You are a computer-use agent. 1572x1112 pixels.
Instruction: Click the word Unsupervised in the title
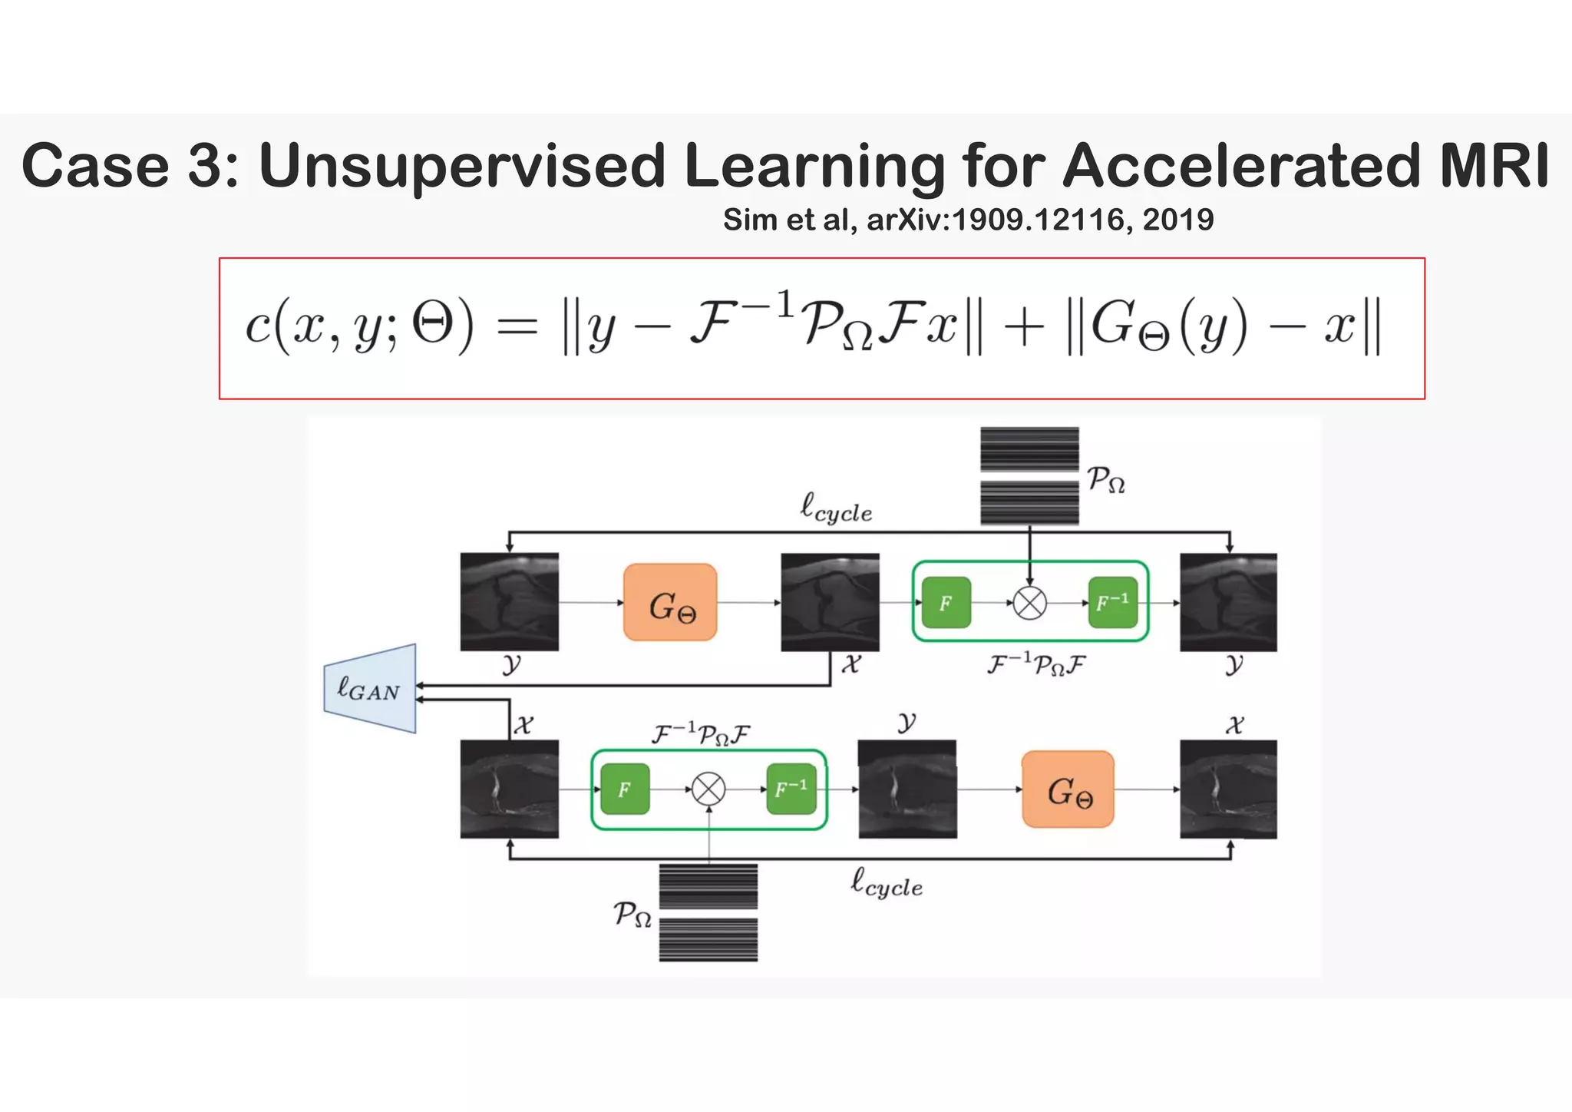click(461, 165)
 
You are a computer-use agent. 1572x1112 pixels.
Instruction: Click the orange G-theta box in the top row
click(670, 603)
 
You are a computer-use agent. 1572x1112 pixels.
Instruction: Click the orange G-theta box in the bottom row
click(1068, 789)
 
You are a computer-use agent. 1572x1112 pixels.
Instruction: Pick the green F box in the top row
click(946, 603)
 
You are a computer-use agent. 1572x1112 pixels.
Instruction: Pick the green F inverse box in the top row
click(1112, 603)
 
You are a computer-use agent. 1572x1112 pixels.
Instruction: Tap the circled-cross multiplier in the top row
click(1029, 603)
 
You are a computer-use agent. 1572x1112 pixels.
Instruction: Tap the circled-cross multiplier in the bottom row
click(708, 789)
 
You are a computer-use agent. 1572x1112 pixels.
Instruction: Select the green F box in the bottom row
click(625, 789)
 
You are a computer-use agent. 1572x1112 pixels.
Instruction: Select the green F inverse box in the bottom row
click(791, 789)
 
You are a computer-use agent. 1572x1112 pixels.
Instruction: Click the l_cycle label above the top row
click(836, 509)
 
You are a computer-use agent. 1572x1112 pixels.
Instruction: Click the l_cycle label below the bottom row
click(887, 883)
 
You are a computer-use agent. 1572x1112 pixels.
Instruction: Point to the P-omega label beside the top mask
click(1106, 480)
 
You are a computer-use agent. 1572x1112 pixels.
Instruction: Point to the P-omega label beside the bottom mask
click(632, 915)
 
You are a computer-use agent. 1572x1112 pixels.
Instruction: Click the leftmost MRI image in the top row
click(509, 602)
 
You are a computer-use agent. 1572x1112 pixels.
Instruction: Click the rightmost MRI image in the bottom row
click(1228, 789)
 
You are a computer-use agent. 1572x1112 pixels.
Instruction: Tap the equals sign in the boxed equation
click(517, 328)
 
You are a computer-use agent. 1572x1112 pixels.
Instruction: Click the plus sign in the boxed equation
click(1024, 328)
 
